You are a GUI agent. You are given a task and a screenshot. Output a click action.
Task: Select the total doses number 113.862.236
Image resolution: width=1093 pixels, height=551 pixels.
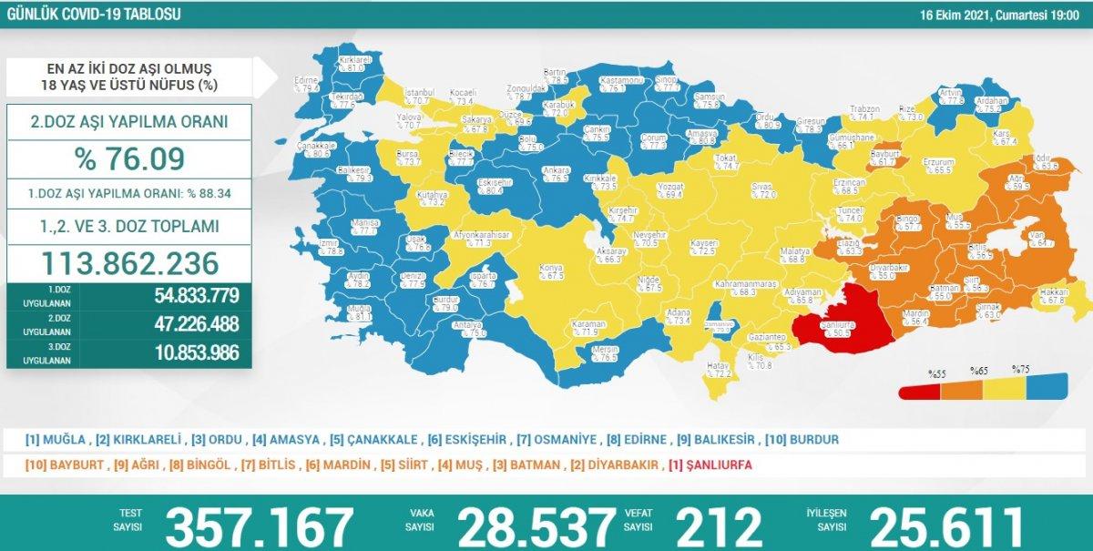coord(129,263)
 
